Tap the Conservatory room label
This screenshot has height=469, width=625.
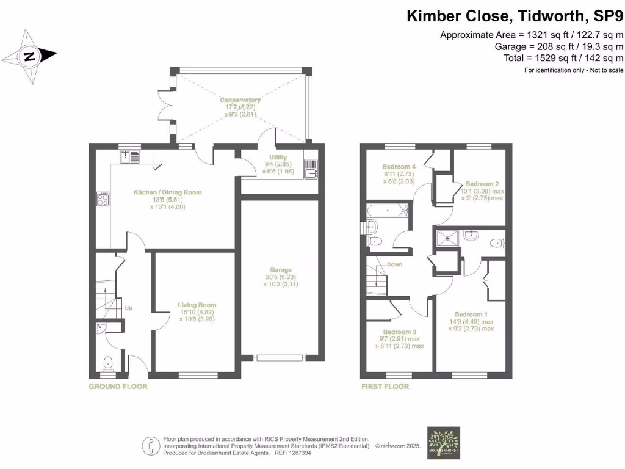(240, 100)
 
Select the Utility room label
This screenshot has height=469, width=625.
(270, 158)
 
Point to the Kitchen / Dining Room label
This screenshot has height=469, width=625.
(167, 192)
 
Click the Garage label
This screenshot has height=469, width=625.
(281, 269)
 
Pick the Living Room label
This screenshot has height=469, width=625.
(197, 305)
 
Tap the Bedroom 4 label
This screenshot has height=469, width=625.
(399, 166)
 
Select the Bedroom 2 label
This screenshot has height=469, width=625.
(482, 183)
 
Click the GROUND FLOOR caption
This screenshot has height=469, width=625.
(118, 387)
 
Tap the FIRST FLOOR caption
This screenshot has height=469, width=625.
(385, 387)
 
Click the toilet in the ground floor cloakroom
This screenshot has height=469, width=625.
(109, 365)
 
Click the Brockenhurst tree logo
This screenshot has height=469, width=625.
(444, 442)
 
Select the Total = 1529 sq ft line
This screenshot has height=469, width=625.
(558, 58)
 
